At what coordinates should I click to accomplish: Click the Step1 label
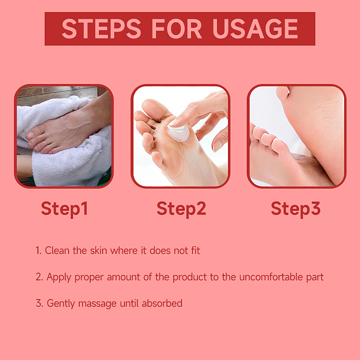[64, 209]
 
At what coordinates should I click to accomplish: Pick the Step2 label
[181, 209]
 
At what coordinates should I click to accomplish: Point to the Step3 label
[295, 209]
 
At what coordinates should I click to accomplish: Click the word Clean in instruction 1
[58, 251]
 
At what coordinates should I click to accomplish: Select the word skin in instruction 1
[98, 251]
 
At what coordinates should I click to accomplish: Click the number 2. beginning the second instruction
[39, 277]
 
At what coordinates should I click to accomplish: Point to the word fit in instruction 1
[194, 251]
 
